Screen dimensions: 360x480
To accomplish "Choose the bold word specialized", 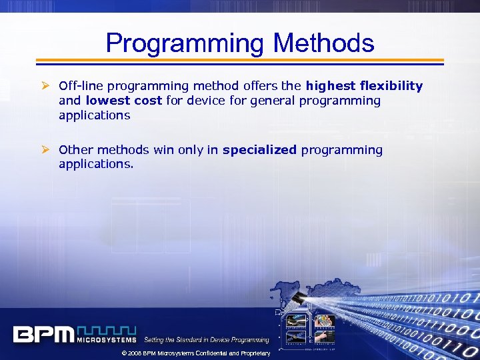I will click(x=259, y=150).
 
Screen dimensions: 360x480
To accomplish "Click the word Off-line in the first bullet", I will click(x=81, y=85).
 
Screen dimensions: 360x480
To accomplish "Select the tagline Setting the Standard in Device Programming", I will click(x=207, y=340).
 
